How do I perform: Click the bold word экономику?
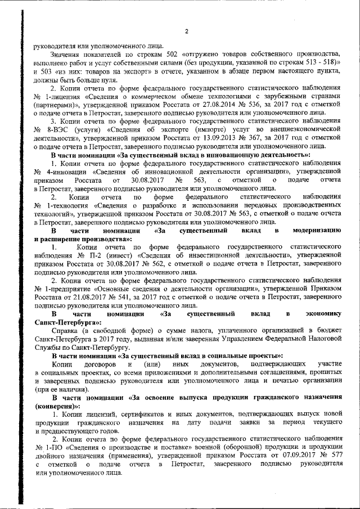coord(321,314)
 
